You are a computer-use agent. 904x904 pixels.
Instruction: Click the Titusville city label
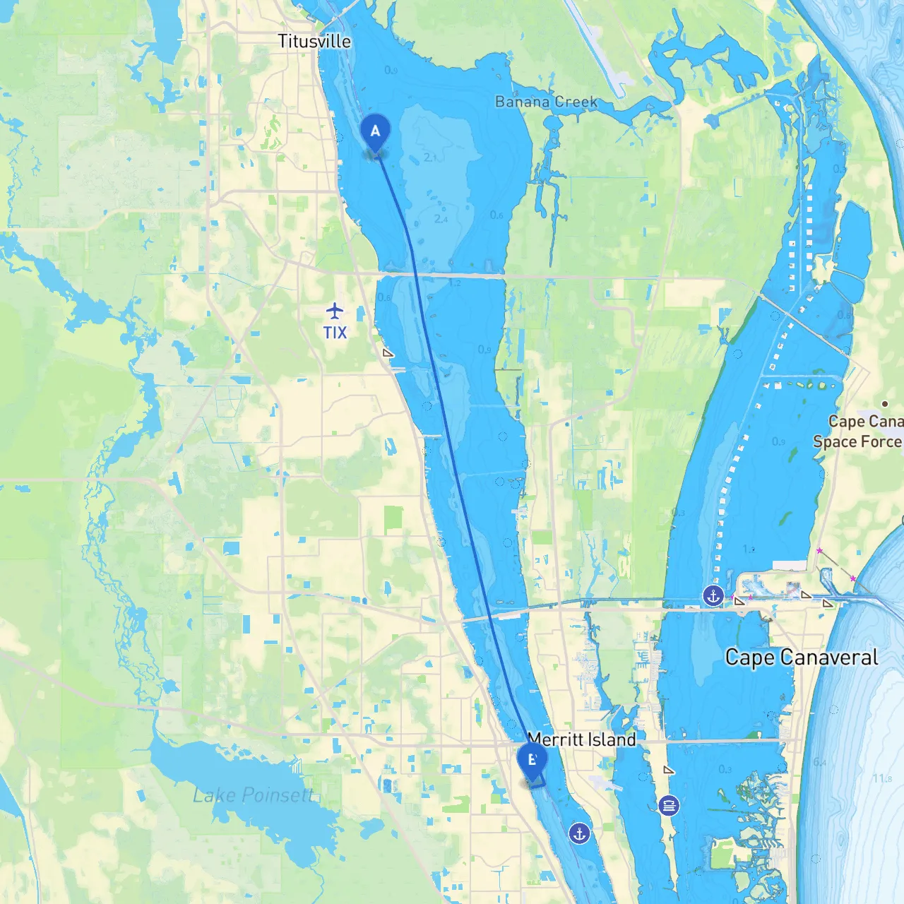pyautogui.click(x=314, y=41)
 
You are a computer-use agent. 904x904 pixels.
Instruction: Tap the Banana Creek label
pyautogui.click(x=546, y=102)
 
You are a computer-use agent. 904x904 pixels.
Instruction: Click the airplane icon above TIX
pyautogui.click(x=335, y=310)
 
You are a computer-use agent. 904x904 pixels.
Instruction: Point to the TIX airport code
pyautogui.click(x=335, y=332)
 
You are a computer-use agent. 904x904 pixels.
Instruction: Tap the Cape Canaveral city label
pyautogui.click(x=802, y=657)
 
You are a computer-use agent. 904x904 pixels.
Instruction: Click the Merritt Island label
pyautogui.click(x=582, y=739)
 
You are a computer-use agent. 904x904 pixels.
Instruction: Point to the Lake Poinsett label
pyautogui.click(x=252, y=795)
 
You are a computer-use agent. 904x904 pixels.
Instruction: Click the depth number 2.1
pyautogui.click(x=431, y=157)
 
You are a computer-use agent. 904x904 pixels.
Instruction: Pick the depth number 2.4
pyautogui.click(x=441, y=219)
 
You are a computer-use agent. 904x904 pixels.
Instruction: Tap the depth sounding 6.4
pyautogui.click(x=819, y=762)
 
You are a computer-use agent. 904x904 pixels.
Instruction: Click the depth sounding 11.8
pyautogui.click(x=882, y=778)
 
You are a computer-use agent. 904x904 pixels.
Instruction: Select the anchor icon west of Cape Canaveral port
pyautogui.click(x=713, y=596)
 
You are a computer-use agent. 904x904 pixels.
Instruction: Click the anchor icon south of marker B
pyautogui.click(x=579, y=833)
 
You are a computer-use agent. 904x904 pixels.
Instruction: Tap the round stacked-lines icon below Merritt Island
pyautogui.click(x=668, y=805)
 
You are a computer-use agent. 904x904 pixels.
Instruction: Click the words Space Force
pyautogui.click(x=857, y=442)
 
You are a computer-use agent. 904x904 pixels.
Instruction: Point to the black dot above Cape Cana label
pyautogui.click(x=885, y=404)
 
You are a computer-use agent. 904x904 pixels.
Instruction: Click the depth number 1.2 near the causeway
pyautogui.click(x=454, y=283)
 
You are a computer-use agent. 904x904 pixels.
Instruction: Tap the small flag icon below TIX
pyautogui.click(x=388, y=352)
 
